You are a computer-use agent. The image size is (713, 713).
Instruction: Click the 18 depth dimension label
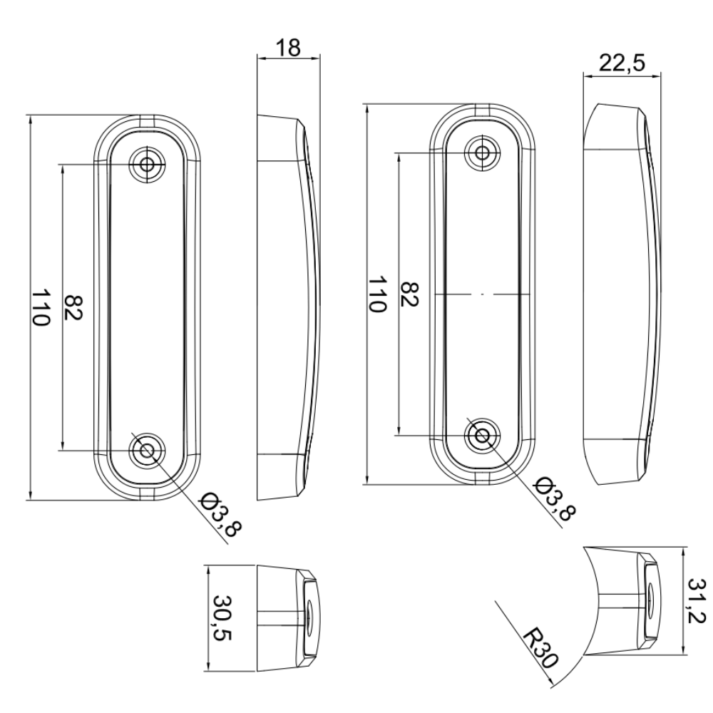(288, 47)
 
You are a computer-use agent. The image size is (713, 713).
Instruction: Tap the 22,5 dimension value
(622, 63)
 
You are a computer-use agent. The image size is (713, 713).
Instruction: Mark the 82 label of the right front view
(409, 294)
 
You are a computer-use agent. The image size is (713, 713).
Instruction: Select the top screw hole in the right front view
(483, 151)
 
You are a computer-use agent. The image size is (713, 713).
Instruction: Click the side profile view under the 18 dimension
(285, 307)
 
